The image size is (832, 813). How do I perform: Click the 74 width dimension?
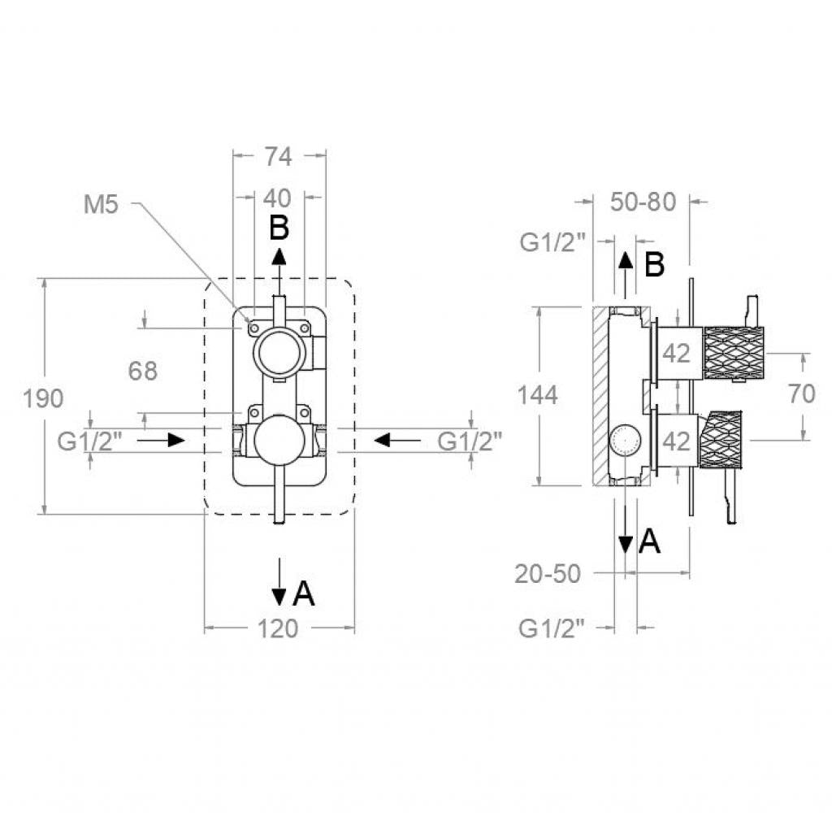click(x=279, y=156)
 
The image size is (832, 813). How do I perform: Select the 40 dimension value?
click(x=278, y=198)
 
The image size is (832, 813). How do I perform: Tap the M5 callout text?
click(x=101, y=204)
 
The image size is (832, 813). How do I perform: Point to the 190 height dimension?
click(x=43, y=398)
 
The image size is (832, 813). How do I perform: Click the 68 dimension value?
click(x=143, y=371)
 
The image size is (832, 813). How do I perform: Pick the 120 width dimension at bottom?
click(x=278, y=628)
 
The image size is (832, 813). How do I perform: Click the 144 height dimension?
click(x=538, y=395)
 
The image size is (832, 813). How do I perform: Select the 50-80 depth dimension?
click(x=643, y=202)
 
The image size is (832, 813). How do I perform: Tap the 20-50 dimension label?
click(x=548, y=573)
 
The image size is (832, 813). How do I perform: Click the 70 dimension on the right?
click(x=802, y=393)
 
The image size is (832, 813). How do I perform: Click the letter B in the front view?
click(x=279, y=228)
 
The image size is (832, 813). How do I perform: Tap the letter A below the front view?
click(x=304, y=593)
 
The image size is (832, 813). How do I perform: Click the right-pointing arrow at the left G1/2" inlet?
click(x=161, y=440)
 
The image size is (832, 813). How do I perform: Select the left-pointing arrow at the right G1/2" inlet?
click(x=397, y=440)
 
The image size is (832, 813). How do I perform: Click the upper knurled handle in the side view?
click(x=734, y=353)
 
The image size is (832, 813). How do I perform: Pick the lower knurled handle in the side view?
click(x=721, y=440)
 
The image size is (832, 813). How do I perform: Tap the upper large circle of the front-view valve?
click(x=279, y=352)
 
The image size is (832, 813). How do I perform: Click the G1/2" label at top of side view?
click(x=552, y=242)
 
